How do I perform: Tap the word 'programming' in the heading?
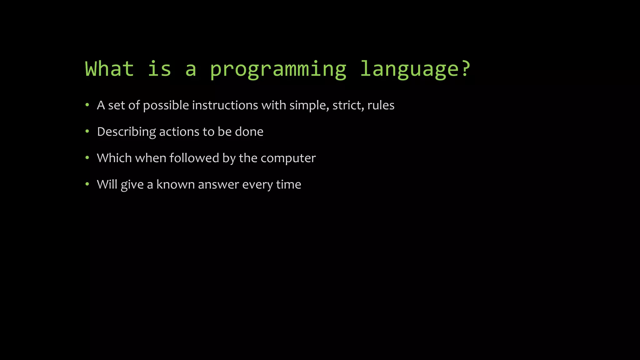(x=278, y=69)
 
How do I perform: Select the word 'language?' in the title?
(x=415, y=69)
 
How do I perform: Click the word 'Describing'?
(x=126, y=132)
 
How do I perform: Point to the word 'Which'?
(x=114, y=158)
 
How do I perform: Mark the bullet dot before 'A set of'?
(x=87, y=105)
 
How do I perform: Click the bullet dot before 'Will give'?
(x=87, y=184)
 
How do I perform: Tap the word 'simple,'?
(x=309, y=106)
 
